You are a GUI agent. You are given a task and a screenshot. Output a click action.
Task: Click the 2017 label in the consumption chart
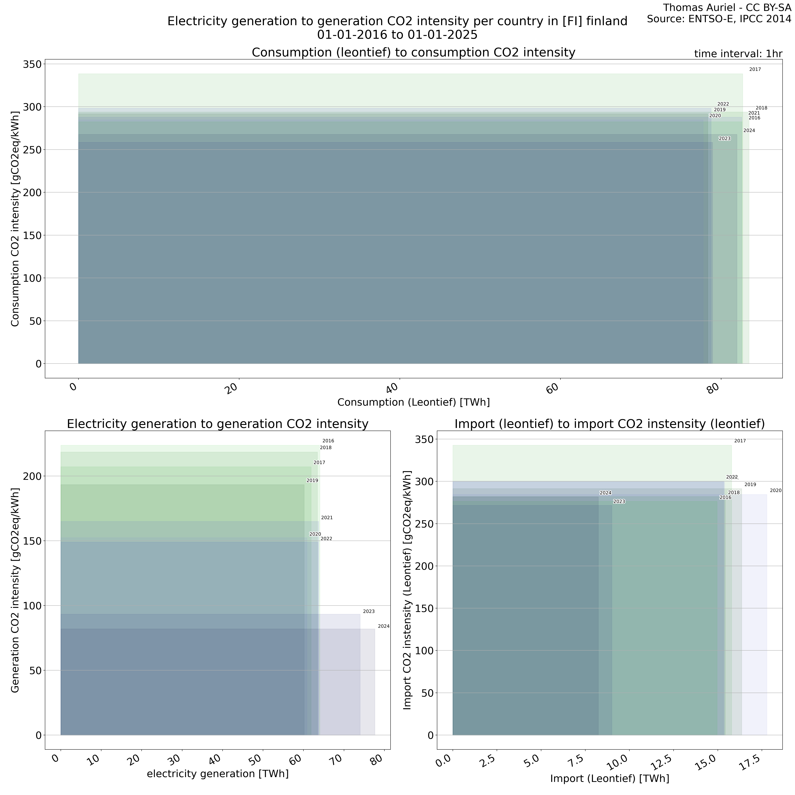(x=755, y=70)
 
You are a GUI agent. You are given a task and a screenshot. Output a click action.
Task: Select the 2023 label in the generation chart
(x=369, y=611)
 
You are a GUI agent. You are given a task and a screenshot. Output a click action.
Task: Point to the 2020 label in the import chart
(x=775, y=490)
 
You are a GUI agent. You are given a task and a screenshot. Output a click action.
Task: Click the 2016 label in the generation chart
(x=328, y=441)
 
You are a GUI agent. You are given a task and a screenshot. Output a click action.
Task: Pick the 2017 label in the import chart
(x=740, y=441)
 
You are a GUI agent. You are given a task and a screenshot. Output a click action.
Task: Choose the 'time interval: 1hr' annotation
(x=738, y=54)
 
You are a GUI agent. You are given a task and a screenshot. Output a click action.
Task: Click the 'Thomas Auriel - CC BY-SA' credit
(x=727, y=8)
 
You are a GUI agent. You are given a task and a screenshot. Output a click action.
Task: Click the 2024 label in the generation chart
(x=384, y=626)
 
